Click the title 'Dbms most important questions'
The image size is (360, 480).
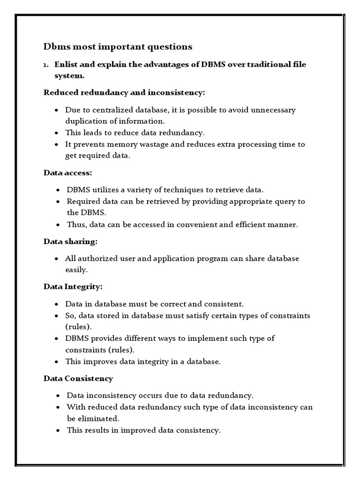coord(118,46)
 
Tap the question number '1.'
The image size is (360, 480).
coord(46,65)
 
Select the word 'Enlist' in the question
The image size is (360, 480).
coord(66,64)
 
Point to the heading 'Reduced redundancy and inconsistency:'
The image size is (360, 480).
coord(124,92)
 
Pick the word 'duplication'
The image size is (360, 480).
coord(86,121)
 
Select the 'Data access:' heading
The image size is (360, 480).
coord(68,172)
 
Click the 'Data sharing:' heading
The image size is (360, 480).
coord(70,241)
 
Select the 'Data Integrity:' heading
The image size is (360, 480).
coord(73,286)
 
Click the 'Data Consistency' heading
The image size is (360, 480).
coord(78,378)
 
